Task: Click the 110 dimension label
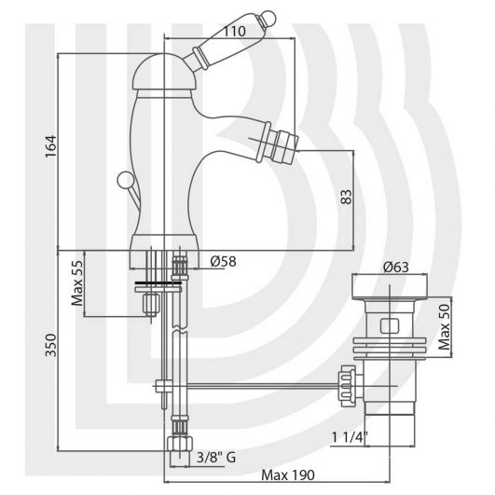pyautogui.click(x=234, y=31)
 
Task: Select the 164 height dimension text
pyautogui.click(x=50, y=146)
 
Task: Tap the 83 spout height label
pyautogui.click(x=346, y=197)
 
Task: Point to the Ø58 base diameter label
pyautogui.click(x=223, y=261)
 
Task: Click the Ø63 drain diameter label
pyautogui.click(x=396, y=267)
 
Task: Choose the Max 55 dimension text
pyautogui.click(x=77, y=283)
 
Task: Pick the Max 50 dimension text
pyautogui.click(x=445, y=327)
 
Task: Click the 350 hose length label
pyautogui.click(x=50, y=345)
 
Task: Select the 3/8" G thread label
pyautogui.click(x=216, y=457)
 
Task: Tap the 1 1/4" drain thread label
pyautogui.click(x=350, y=437)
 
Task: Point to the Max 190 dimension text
pyautogui.click(x=288, y=474)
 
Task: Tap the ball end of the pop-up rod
pyautogui.click(x=124, y=179)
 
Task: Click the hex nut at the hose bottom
pyautogui.click(x=179, y=443)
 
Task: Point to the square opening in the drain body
pyautogui.click(x=390, y=326)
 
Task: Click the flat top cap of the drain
pyautogui.click(x=390, y=286)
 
